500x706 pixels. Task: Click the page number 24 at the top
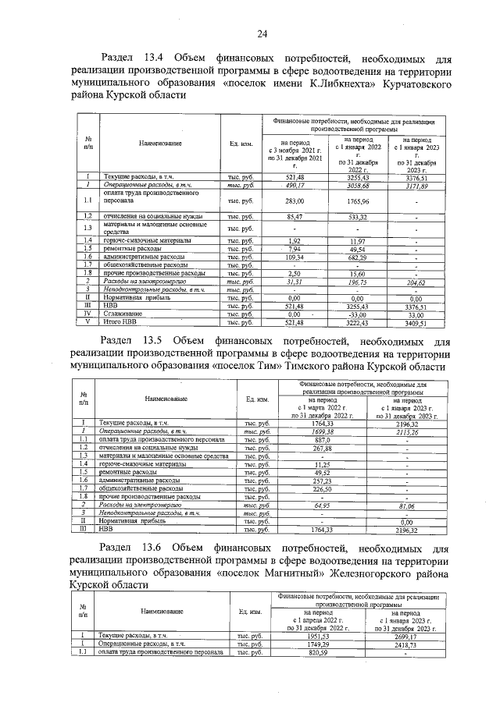[262, 33]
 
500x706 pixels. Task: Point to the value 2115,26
[407, 431]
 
